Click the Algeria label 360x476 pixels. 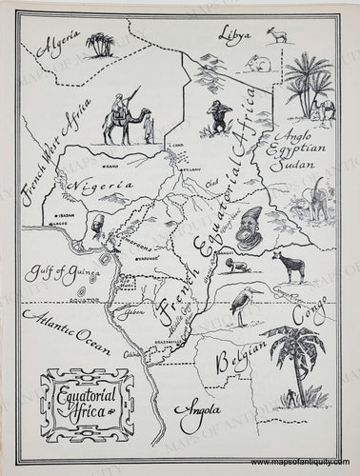click(x=56, y=44)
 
